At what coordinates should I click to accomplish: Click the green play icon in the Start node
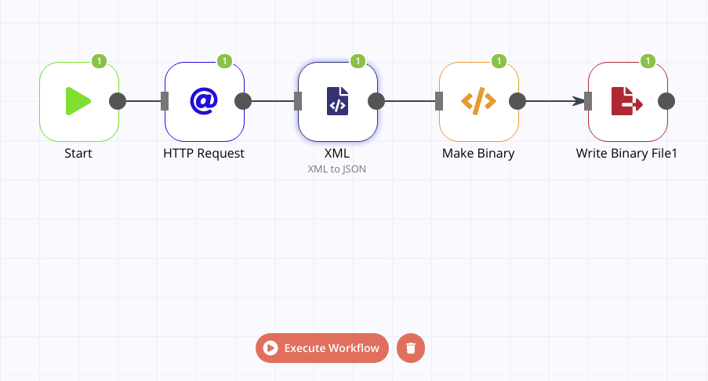(78, 101)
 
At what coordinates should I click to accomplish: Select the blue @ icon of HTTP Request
(204, 101)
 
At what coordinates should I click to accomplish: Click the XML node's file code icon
(337, 101)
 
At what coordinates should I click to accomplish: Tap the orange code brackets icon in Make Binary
(478, 101)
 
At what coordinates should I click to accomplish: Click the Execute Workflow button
(322, 348)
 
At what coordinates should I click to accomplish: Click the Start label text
(78, 154)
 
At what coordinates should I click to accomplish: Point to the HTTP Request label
(204, 154)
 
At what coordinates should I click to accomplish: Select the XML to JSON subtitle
(337, 169)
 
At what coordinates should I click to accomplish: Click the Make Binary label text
(478, 154)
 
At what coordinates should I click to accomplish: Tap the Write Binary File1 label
(626, 154)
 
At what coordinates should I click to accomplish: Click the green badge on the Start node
(99, 60)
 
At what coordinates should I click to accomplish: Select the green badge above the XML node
(358, 60)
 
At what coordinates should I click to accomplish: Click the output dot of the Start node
(117, 101)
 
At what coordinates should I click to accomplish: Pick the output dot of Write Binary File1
(666, 101)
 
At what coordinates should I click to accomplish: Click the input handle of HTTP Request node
(165, 101)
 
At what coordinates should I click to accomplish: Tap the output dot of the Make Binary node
(517, 101)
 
